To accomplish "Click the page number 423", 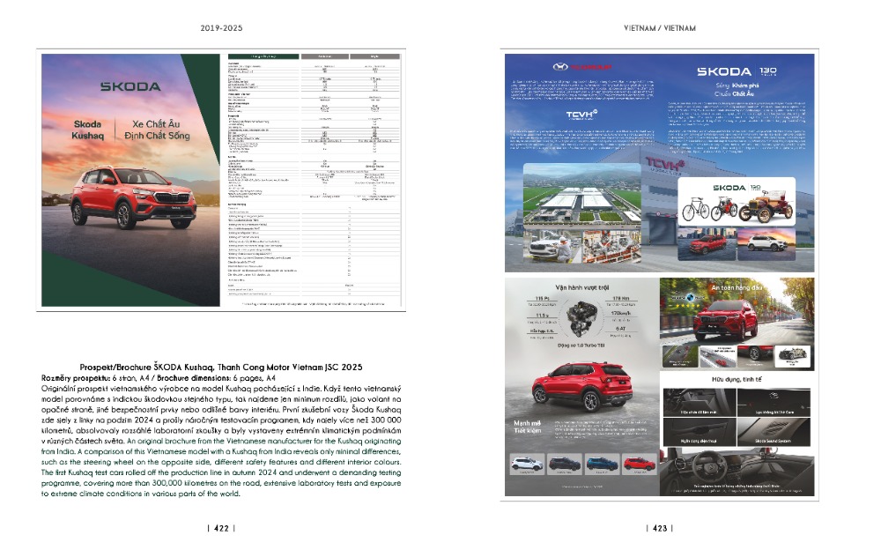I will point(659,529).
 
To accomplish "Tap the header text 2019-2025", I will point(220,28).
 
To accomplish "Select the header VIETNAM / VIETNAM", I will point(660,28).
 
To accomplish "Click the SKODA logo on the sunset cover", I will point(130,86).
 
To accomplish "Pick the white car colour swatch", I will point(527,464).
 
